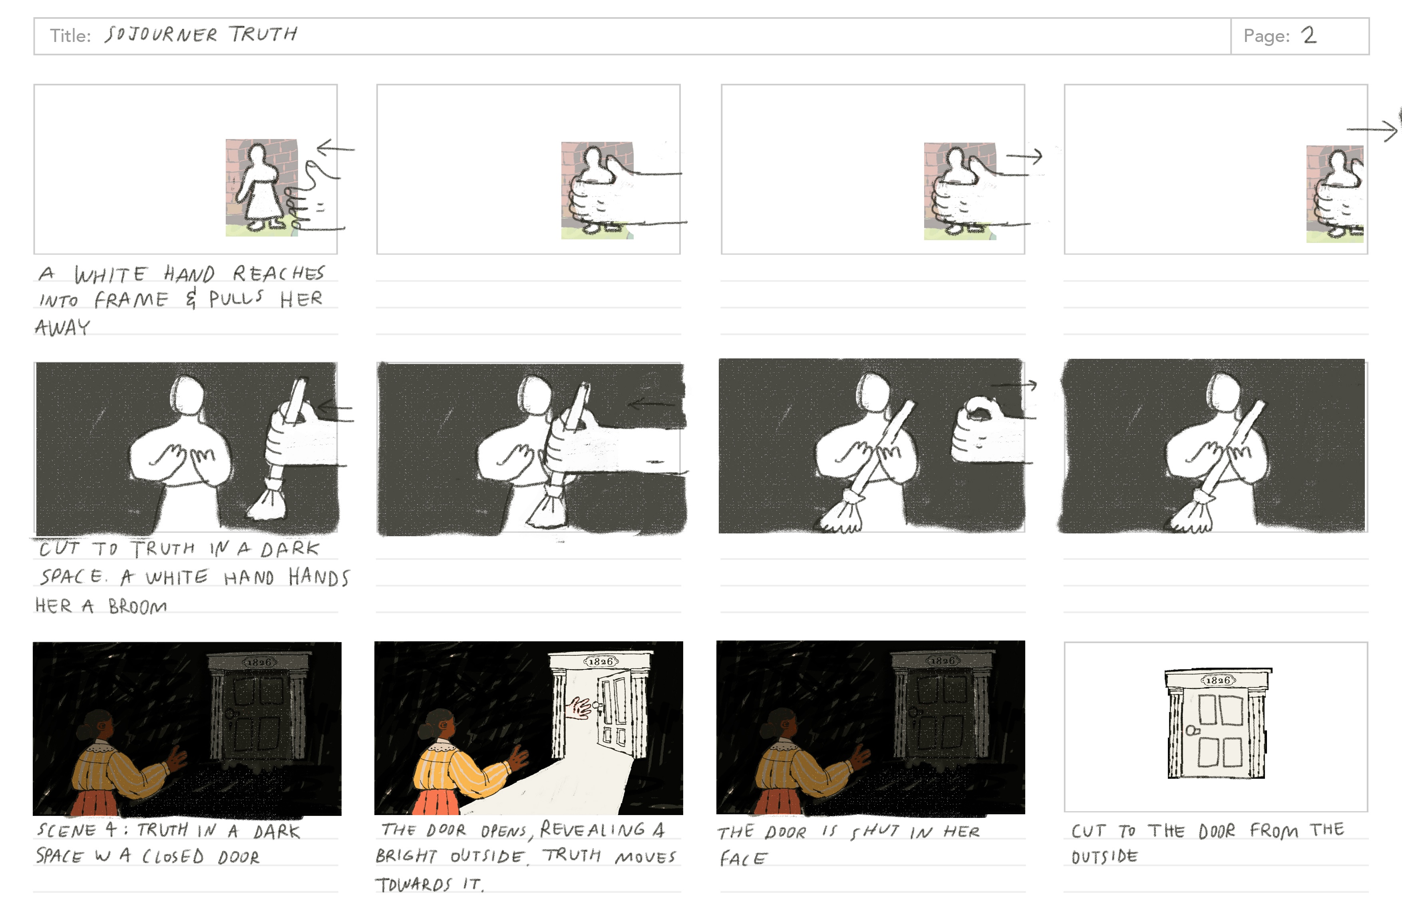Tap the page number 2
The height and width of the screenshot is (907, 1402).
[1309, 35]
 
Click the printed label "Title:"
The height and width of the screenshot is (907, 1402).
[70, 36]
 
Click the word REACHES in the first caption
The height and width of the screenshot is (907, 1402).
[278, 273]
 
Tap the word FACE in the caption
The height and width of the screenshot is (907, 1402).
[743, 859]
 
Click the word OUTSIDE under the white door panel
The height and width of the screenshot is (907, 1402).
[1104, 856]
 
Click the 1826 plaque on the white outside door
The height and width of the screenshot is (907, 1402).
[1218, 680]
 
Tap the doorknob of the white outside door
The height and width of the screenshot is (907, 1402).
[1191, 731]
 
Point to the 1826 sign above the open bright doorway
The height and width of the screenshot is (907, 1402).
[601, 661]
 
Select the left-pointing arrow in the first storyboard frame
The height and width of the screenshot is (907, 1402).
[336, 148]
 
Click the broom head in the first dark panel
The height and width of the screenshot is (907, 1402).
[266, 501]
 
